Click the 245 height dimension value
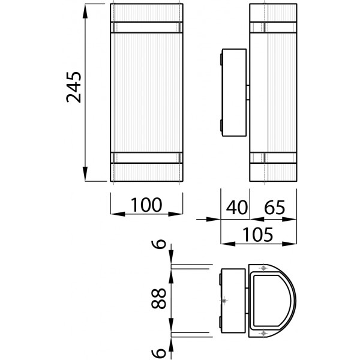tap(74, 88)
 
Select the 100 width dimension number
tap(147, 205)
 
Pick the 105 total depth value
tap(259, 235)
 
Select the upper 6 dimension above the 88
tap(158, 245)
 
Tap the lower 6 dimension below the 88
tap(158, 347)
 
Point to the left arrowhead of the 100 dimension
tap(116, 213)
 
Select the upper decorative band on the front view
tap(146, 26)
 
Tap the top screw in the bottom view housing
tap(262, 268)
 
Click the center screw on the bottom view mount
tap(224, 300)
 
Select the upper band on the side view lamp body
tap(273, 26)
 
